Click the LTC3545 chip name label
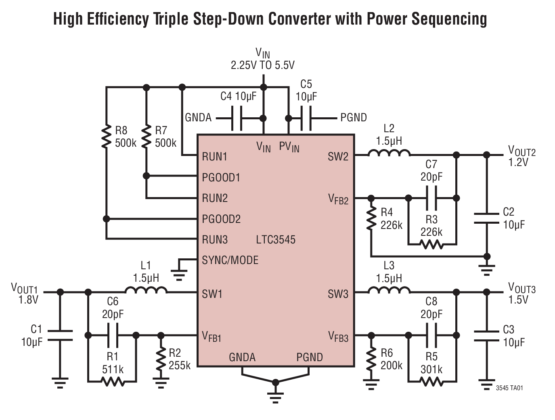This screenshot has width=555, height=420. click(x=276, y=240)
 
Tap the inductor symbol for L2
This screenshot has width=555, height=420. click(x=389, y=153)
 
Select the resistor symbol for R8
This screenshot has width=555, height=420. click(x=107, y=137)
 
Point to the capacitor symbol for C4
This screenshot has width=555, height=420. click(x=237, y=118)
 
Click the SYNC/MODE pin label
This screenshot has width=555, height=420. click(x=230, y=260)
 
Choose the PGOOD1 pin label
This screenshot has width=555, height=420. click(x=221, y=177)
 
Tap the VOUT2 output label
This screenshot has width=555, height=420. click(x=521, y=152)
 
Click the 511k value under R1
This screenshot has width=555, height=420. click(x=113, y=369)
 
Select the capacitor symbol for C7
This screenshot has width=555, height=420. click(x=431, y=198)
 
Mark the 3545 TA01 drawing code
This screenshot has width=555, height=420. click(x=509, y=388)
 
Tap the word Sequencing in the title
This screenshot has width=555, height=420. click(x=449, y=19)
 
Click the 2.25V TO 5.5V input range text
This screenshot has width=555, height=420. click(x=262, y=65)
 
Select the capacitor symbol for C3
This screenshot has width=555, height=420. click(x=487, y=336)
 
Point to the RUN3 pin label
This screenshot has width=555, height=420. click(x=215, y=240)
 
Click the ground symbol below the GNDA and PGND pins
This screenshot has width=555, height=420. click(x=276, y=393)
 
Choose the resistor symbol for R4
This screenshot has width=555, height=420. click(x=371, y=219)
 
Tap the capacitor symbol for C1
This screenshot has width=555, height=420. click(x=60, y=335)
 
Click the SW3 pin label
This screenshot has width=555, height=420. click(x=338, y=294)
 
